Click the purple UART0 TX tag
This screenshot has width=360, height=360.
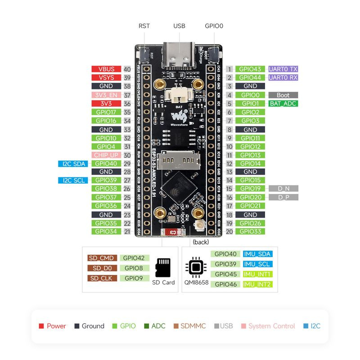pos(283,69)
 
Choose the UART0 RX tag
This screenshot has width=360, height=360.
pos(283,78)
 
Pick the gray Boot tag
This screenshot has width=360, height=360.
pos(283,95)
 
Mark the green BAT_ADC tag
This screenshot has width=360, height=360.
pos(283,103)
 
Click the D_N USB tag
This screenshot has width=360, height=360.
pos(283,189)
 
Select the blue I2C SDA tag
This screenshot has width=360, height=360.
pos(73,164)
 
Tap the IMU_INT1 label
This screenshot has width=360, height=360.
pos(257,274)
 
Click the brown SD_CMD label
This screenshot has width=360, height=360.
pos(102,258)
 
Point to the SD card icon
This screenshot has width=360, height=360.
pos(162,268)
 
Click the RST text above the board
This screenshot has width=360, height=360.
pos(144,26)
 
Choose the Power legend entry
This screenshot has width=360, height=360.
pos(53,326)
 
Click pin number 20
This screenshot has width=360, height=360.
pos(229,231)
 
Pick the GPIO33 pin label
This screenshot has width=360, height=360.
pos(250,231)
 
